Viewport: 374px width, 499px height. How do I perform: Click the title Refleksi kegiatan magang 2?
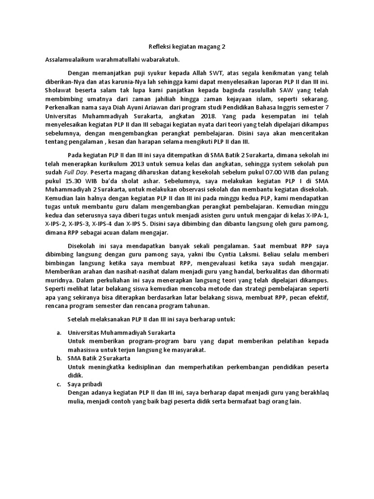(187, 47)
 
